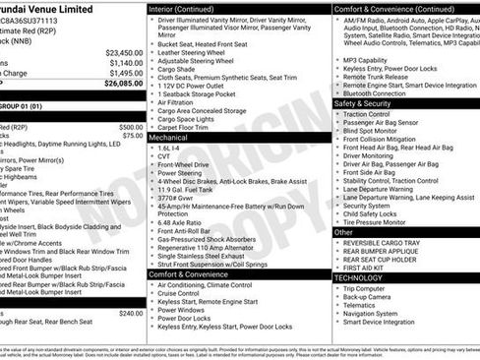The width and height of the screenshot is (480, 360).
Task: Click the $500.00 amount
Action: pos(130,127)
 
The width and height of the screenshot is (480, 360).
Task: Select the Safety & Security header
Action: pos(363,102)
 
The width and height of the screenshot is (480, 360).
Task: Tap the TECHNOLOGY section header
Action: pos(359,277)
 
